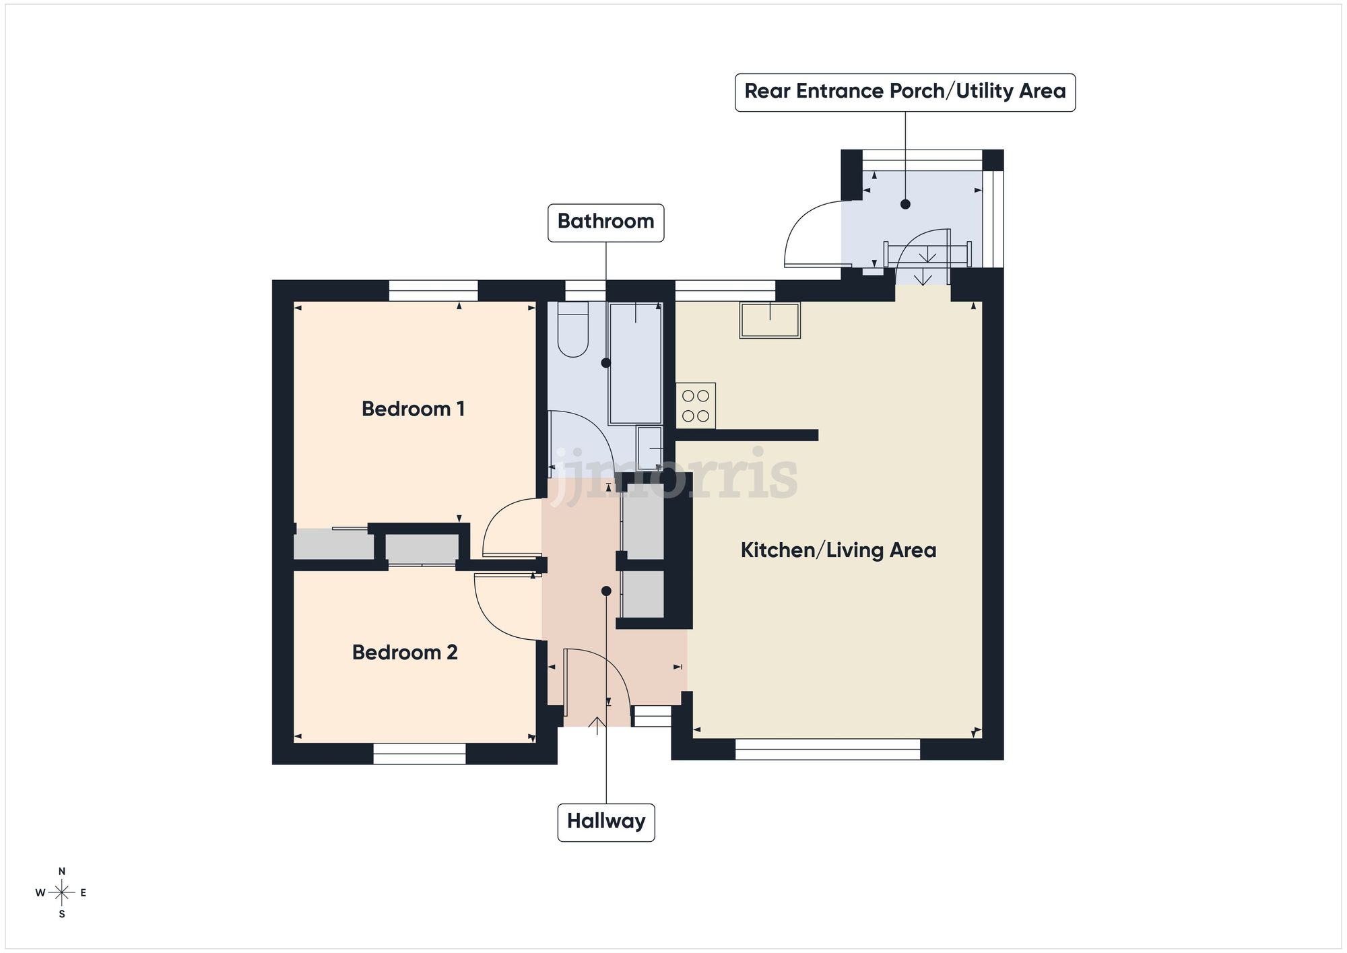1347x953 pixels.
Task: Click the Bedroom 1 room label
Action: tap(413, 409)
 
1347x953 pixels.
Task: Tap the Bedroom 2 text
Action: tap(405, 652)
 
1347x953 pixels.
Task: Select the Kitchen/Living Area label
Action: tap(838, 550)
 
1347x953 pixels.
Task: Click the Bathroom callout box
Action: tap(605, 222)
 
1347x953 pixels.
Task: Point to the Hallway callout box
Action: tap(605, 822)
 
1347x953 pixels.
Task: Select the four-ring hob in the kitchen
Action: tap(695, 405)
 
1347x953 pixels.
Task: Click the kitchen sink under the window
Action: tap(770, 320)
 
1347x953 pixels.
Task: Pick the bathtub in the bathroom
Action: tap(635, 362)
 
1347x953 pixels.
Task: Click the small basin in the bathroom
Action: tap(649, 448)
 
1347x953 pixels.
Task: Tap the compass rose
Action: tap(62, 893)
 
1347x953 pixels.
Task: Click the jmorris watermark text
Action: tap(673, 475)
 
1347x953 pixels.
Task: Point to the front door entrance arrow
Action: tap(597, 725)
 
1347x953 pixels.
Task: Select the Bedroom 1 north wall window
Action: tap(433, 291)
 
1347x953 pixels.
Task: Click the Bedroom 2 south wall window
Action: tap(419, 754)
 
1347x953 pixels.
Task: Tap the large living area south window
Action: tap(827, 749)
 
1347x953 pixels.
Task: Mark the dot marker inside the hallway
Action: tap(606, 591)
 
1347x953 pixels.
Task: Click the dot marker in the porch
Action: tap(905, 204)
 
